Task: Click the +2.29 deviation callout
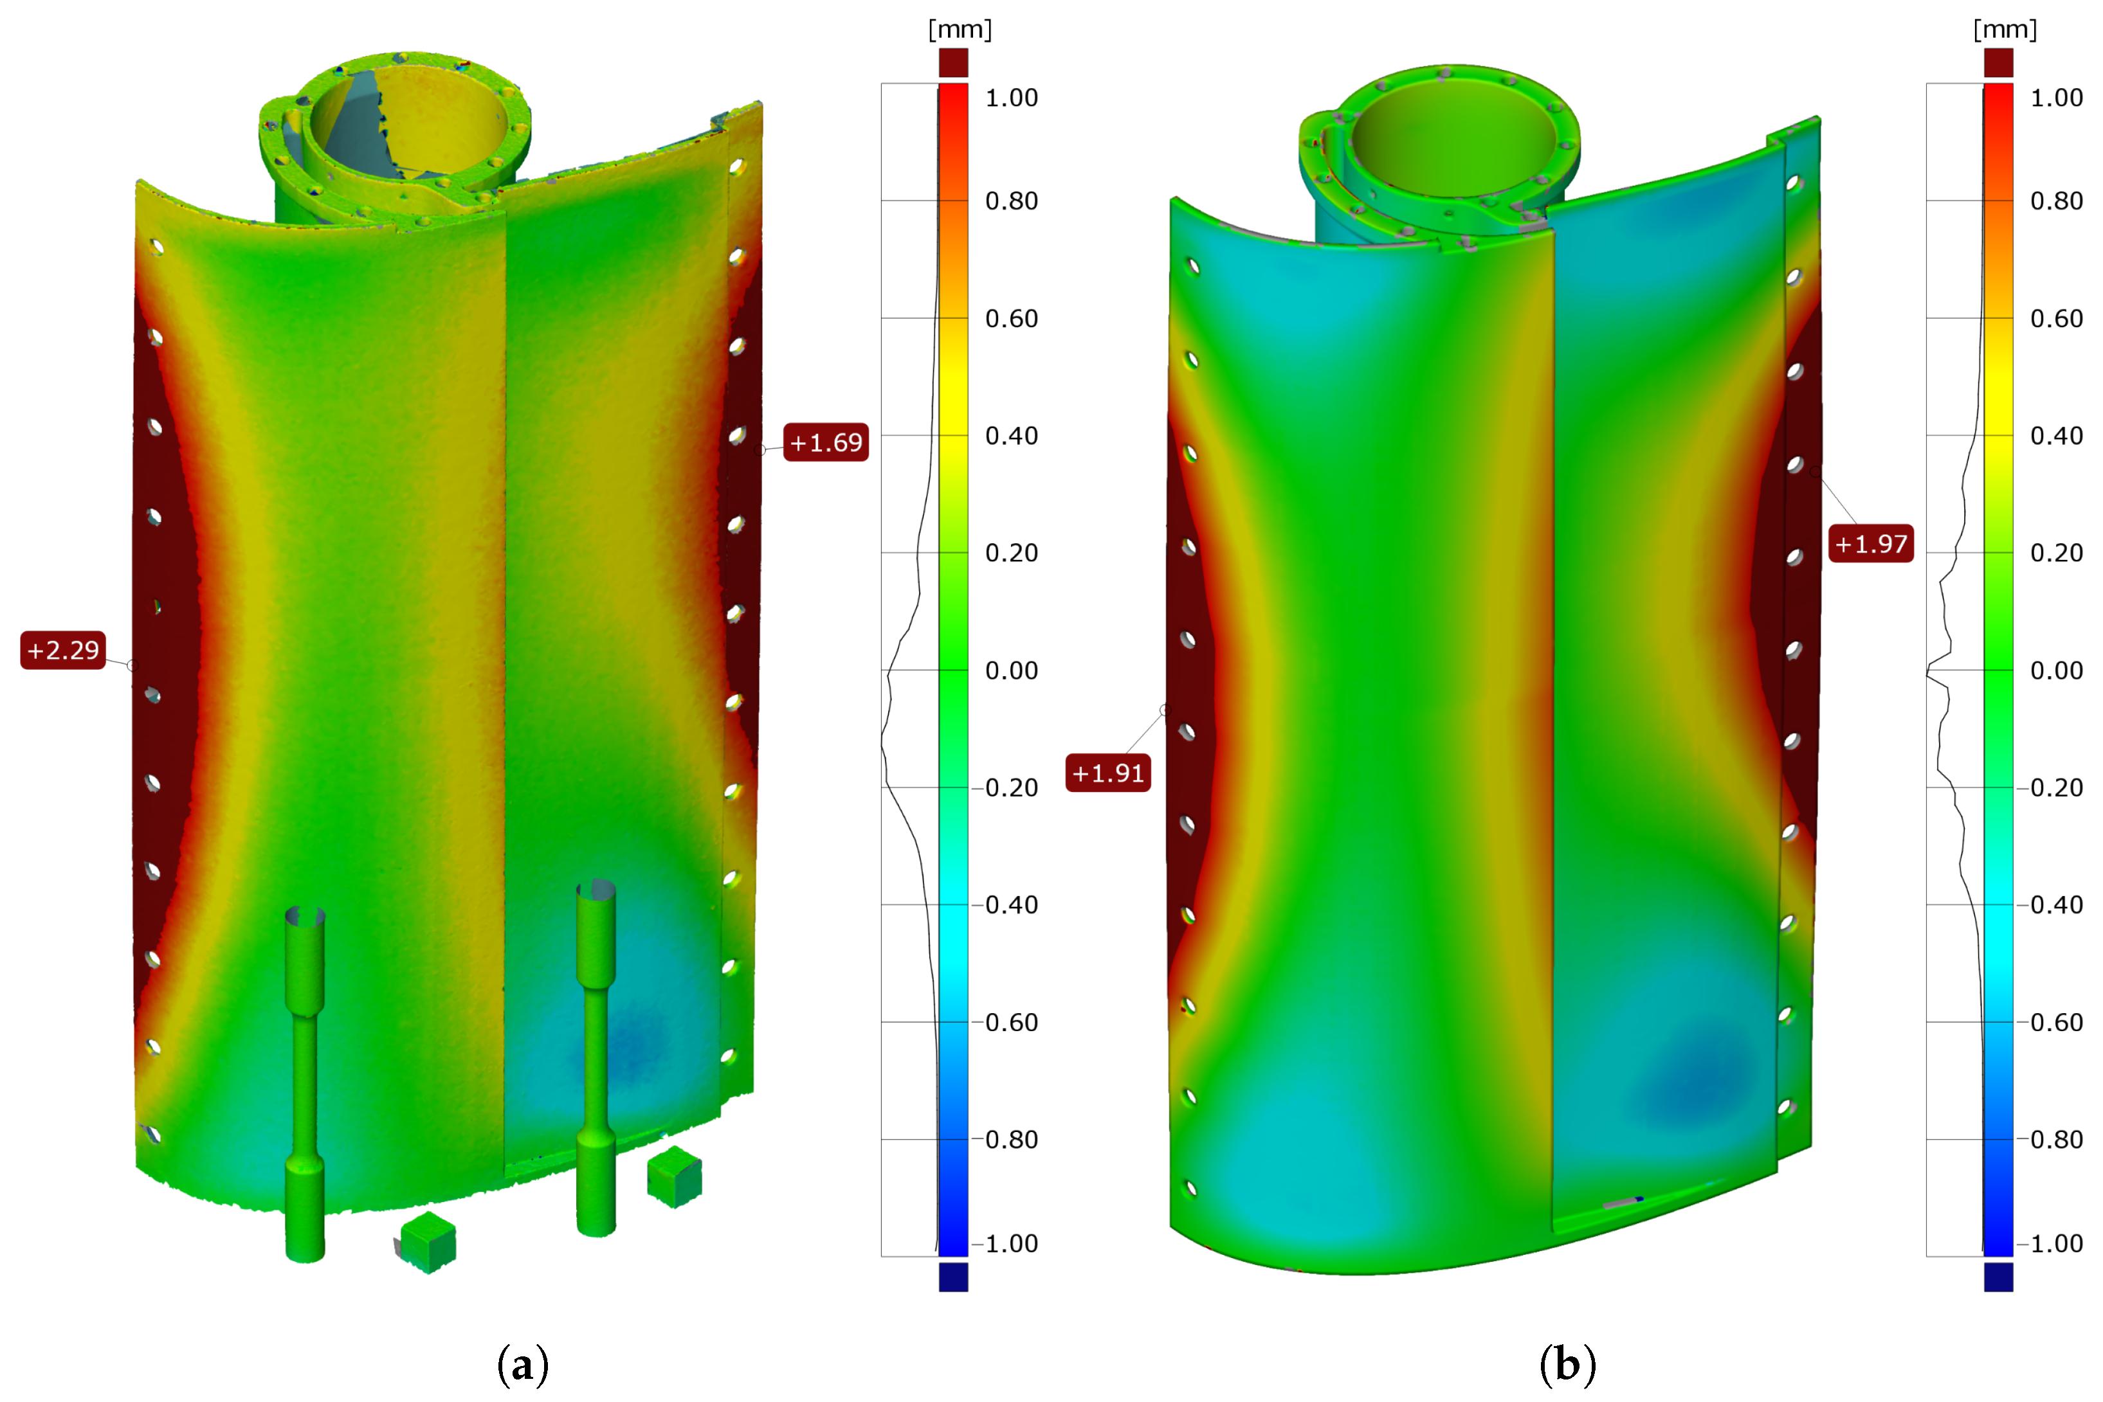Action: click(x=62, y=650)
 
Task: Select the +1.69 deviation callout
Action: click(x=826, y=443)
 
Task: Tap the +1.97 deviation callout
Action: click(x=1870, y=544)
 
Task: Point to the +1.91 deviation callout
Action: click(x=1107, y=773)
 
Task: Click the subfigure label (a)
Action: click(x=522, y=1365)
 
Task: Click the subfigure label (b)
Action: click(x=1567, y=1365)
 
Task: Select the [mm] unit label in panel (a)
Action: click(x=960, y=30)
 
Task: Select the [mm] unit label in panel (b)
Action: click(x=2005, y=30)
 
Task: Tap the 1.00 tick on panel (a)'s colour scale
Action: click(x=1011, y=98)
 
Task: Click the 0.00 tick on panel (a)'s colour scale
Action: click(x=1011, y=670)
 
